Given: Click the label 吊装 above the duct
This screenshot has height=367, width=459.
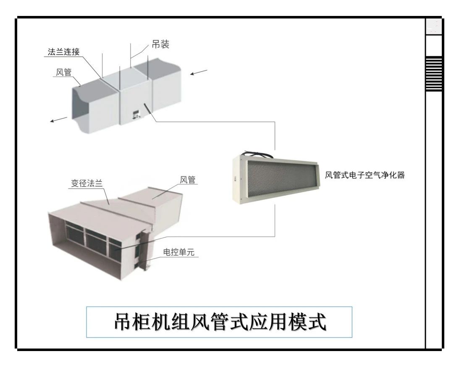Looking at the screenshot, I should point(160,45).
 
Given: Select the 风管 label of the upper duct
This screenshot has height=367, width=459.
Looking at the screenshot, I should point(63,72).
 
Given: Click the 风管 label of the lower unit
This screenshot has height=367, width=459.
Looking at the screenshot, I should point(187,180).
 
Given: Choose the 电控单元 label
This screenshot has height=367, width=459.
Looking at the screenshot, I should point(179,252).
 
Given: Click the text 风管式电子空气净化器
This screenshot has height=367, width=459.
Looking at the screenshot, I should point(365,175).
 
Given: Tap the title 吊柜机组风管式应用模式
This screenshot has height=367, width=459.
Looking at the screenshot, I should point(219,322).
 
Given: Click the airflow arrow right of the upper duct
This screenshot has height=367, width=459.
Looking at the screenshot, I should point(198,73).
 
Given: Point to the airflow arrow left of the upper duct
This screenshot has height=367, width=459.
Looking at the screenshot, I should point(58,120).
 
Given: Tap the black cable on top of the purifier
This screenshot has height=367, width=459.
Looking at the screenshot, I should point(256,151).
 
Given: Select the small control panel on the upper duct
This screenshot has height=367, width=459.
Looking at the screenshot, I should point(136,114).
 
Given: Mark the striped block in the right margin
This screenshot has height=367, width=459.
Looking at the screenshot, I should point(434,74).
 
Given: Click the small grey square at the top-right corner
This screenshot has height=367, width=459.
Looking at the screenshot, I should point(434,26).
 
